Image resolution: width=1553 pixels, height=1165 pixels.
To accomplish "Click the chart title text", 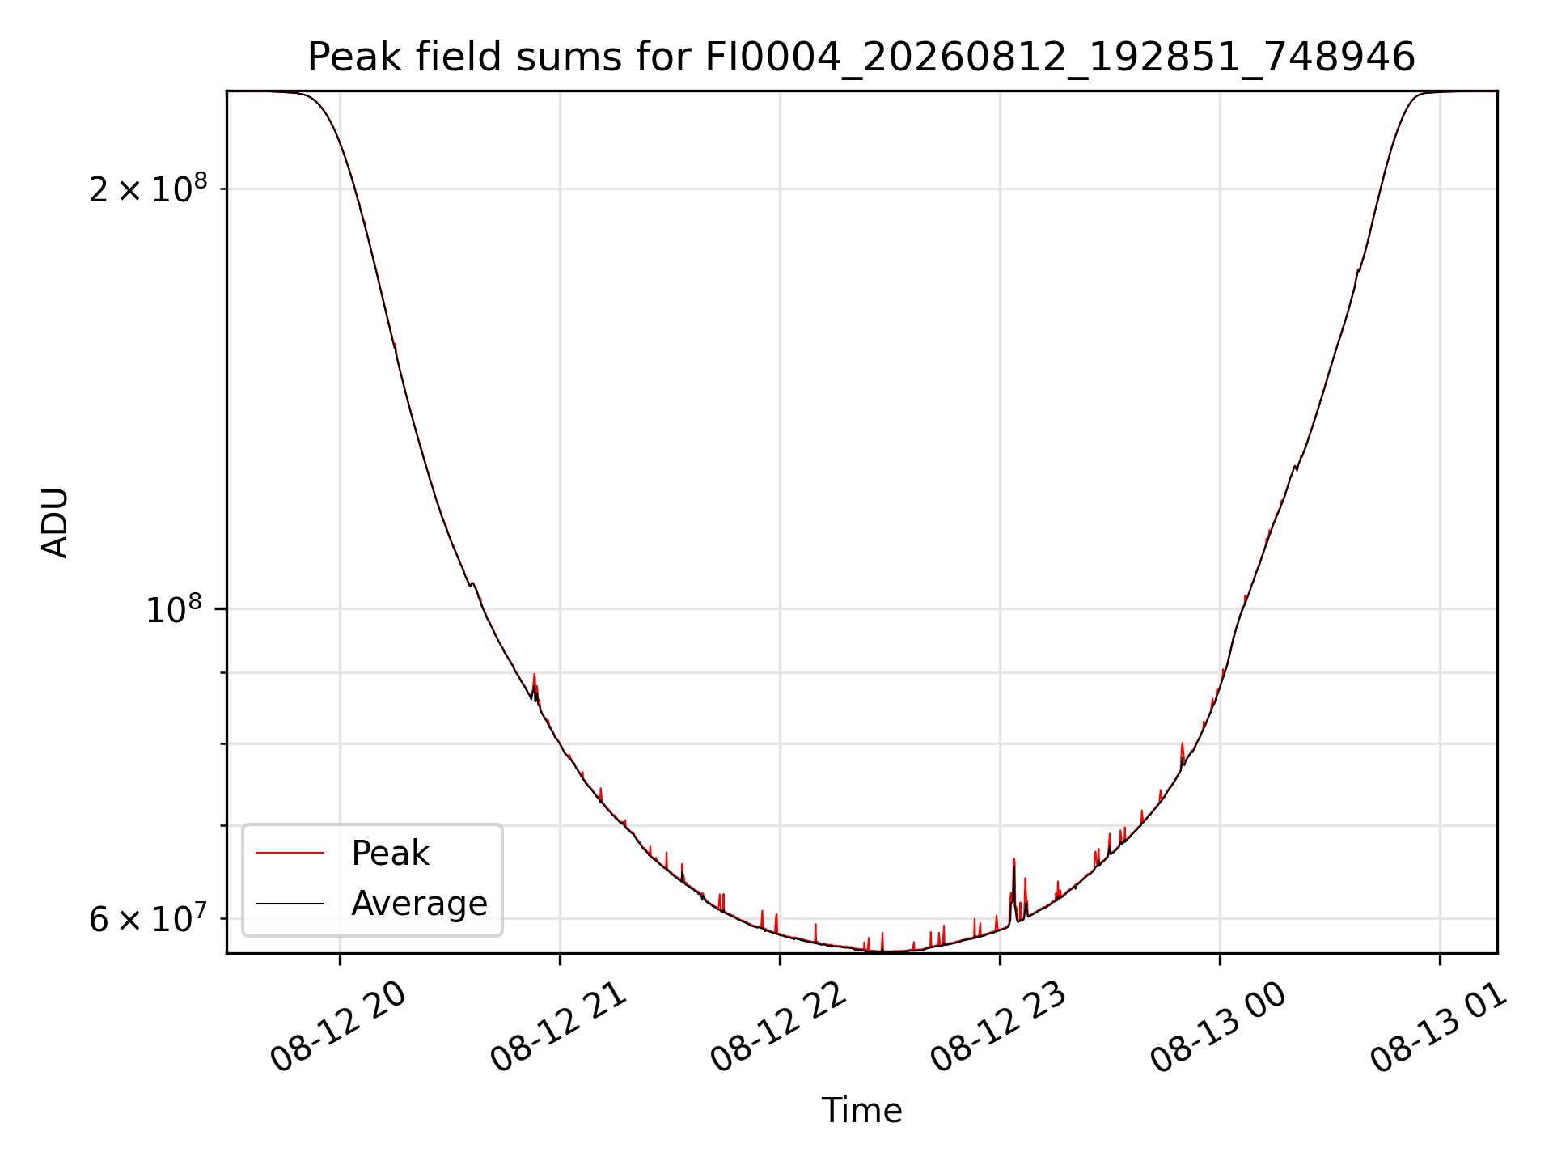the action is pyautogui.click(x=861, y=57).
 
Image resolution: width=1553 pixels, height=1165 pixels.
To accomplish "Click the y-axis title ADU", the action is pyautogui.click(x=55, y=523).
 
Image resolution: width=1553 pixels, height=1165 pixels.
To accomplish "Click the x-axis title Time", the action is pyautogui.click(x=861, y=1110).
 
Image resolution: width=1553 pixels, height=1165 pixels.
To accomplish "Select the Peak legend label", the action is pyautogui.click(x=390, y=853).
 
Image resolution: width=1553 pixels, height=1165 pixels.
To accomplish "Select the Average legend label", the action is pyautogui.click(x=419, y=903).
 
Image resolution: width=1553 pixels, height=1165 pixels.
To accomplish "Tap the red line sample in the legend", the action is pyautogui.click(x=290, y=853).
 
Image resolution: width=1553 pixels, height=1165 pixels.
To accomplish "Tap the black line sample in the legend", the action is pyautogui.click(x=290, y=903).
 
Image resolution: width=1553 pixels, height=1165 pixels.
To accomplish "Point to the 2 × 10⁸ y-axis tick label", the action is pyautogui.click(x=148, y=189).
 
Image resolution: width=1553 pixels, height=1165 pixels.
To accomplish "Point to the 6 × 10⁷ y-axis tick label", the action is pyautogui.click(x=148, y=918).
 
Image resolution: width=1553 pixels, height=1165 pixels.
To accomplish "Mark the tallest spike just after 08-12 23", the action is pyautogui.click(x=1013, y=860).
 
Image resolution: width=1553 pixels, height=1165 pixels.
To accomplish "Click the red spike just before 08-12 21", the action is pyautogui.click(x=534, y=675).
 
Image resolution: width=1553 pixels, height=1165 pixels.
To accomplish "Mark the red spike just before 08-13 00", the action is pyautogui.click(x=1183, y=744).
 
